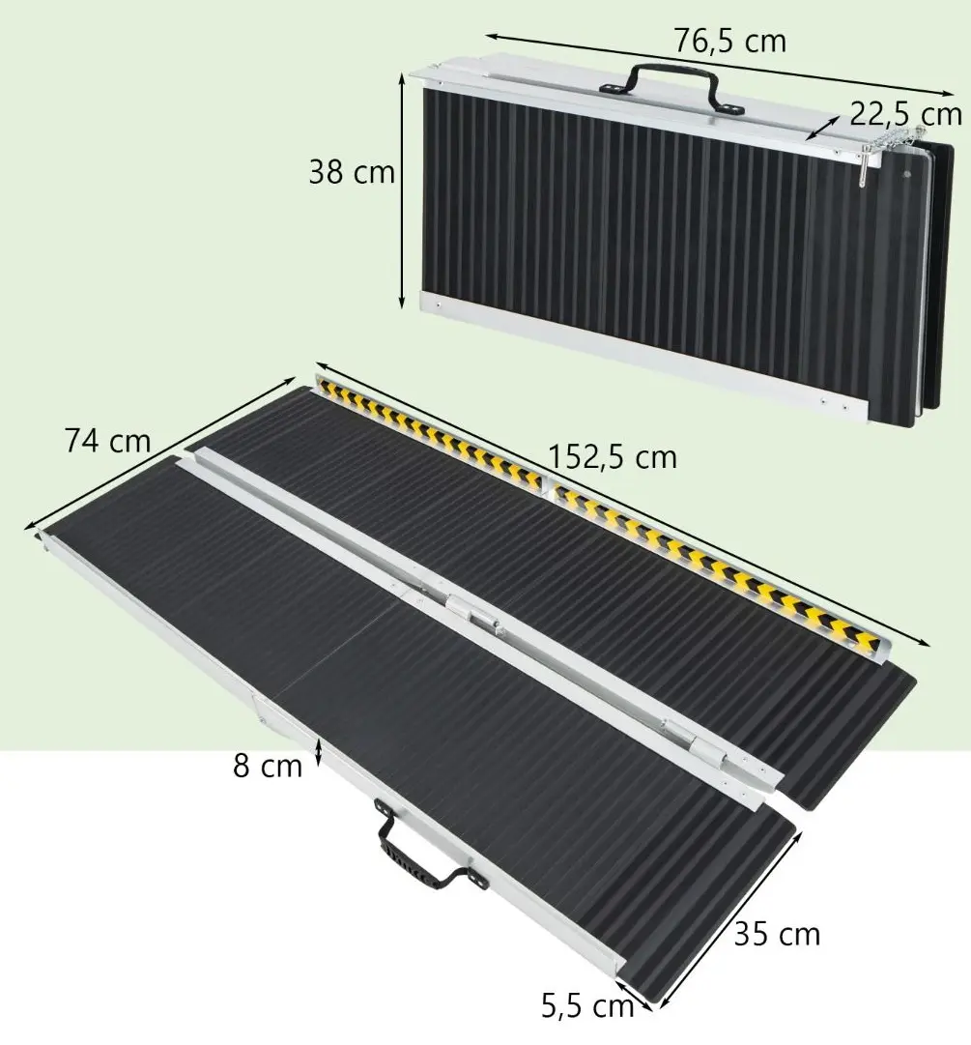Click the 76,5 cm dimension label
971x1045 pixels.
(x=729, y=41)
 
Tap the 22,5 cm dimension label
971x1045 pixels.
(x=906, y=114)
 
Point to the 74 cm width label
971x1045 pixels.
(x=107, y=441)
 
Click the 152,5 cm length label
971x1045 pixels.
(x=612, y=456)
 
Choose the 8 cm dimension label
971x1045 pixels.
(x=268, y=767)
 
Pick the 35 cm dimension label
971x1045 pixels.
(x=777, y=934)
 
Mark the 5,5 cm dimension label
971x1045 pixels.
(x=586, y=1007)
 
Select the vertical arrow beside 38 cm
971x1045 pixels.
(x=403, y=193)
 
